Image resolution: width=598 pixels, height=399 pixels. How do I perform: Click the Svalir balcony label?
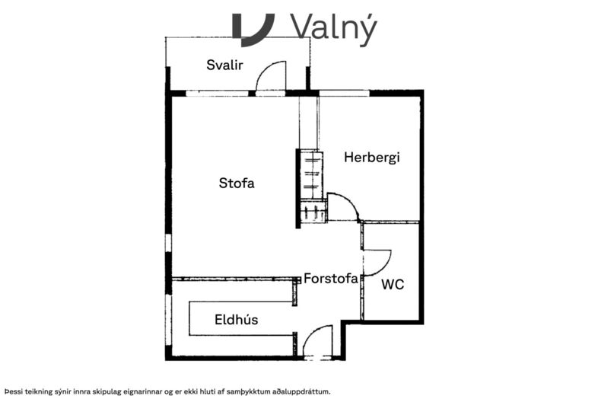224,65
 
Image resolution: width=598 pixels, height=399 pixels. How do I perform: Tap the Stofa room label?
237,183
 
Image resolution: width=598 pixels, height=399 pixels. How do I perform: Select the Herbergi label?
372,158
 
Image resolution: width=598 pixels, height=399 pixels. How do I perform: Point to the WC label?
393,285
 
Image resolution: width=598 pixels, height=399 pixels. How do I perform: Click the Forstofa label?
331,279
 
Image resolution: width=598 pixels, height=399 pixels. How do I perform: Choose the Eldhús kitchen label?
237,319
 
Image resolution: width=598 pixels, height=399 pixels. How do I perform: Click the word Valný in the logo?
334,27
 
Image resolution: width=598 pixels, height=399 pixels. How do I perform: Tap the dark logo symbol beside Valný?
253,30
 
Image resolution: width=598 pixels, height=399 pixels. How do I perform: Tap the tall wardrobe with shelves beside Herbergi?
312,174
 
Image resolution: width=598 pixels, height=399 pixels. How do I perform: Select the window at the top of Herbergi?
345,93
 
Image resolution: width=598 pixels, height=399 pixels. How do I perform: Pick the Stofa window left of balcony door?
217,93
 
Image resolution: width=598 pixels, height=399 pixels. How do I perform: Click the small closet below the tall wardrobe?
314,211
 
